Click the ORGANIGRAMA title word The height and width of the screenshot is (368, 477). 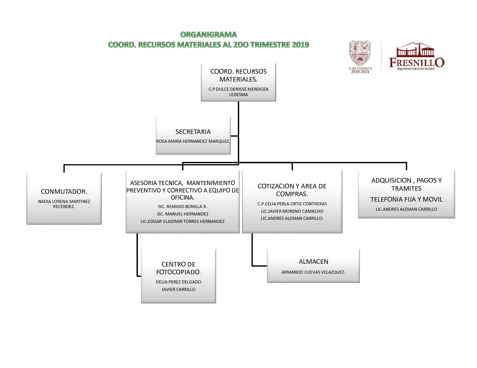coord(208,34)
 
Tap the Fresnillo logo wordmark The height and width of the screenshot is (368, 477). coord(416,62)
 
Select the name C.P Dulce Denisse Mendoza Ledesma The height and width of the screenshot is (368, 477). coord(238,92)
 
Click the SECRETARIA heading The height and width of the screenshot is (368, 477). coord(193,132)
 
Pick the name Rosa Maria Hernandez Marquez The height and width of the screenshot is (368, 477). coord(193,141)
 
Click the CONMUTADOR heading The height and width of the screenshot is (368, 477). coord(64,191)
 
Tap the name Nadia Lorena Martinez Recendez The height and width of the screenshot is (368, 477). coord(64,204)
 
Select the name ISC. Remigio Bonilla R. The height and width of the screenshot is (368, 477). coord(183,206)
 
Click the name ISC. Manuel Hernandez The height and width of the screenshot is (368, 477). coord(183,214)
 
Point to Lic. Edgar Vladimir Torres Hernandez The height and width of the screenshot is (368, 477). coord(183,221)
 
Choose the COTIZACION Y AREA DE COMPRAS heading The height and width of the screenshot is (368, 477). coord(292,190)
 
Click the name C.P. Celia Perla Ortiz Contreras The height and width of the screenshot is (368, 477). coord(292,204)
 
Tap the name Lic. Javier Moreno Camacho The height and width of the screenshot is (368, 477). coord(292,211)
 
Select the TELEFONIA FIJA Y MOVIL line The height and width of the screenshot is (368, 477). coord(406,199)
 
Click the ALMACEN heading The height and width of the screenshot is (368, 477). coord(313,261)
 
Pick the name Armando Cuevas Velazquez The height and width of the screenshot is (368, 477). coord(313,272)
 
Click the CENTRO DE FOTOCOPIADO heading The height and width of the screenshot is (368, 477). coord(179,268)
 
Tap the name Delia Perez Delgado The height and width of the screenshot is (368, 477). coord(179,282)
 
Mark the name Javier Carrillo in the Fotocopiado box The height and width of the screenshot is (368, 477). coord(179,289)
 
